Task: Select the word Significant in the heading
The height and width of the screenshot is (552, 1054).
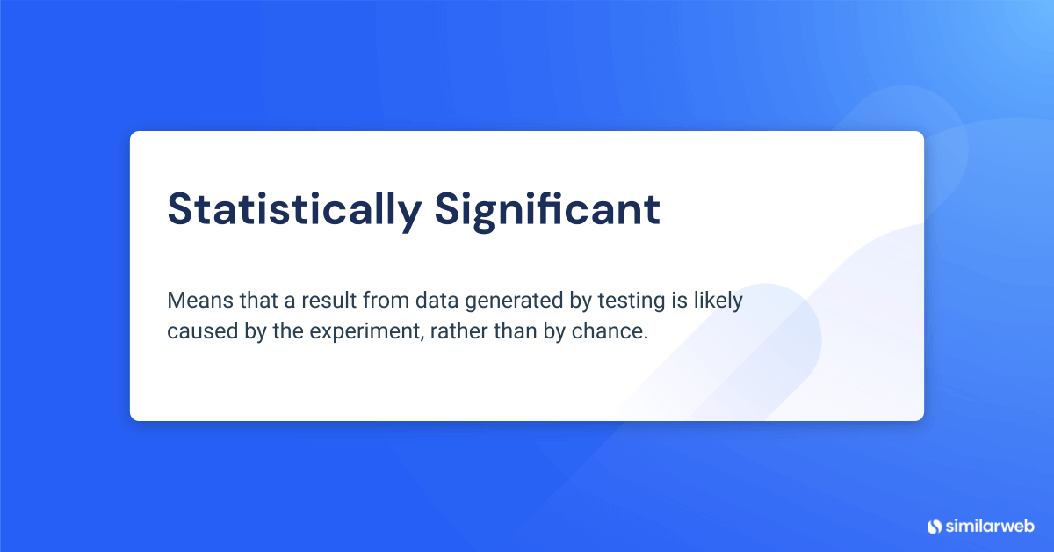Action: [546, 209]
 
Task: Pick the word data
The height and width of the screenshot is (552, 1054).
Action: [437, 301]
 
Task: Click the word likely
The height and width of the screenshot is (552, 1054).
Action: [718, 301]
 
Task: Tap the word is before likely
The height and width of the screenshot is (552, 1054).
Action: [676, 301]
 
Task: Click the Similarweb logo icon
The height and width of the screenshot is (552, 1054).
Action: [934, 526]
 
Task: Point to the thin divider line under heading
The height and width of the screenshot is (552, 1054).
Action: [422, 258]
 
